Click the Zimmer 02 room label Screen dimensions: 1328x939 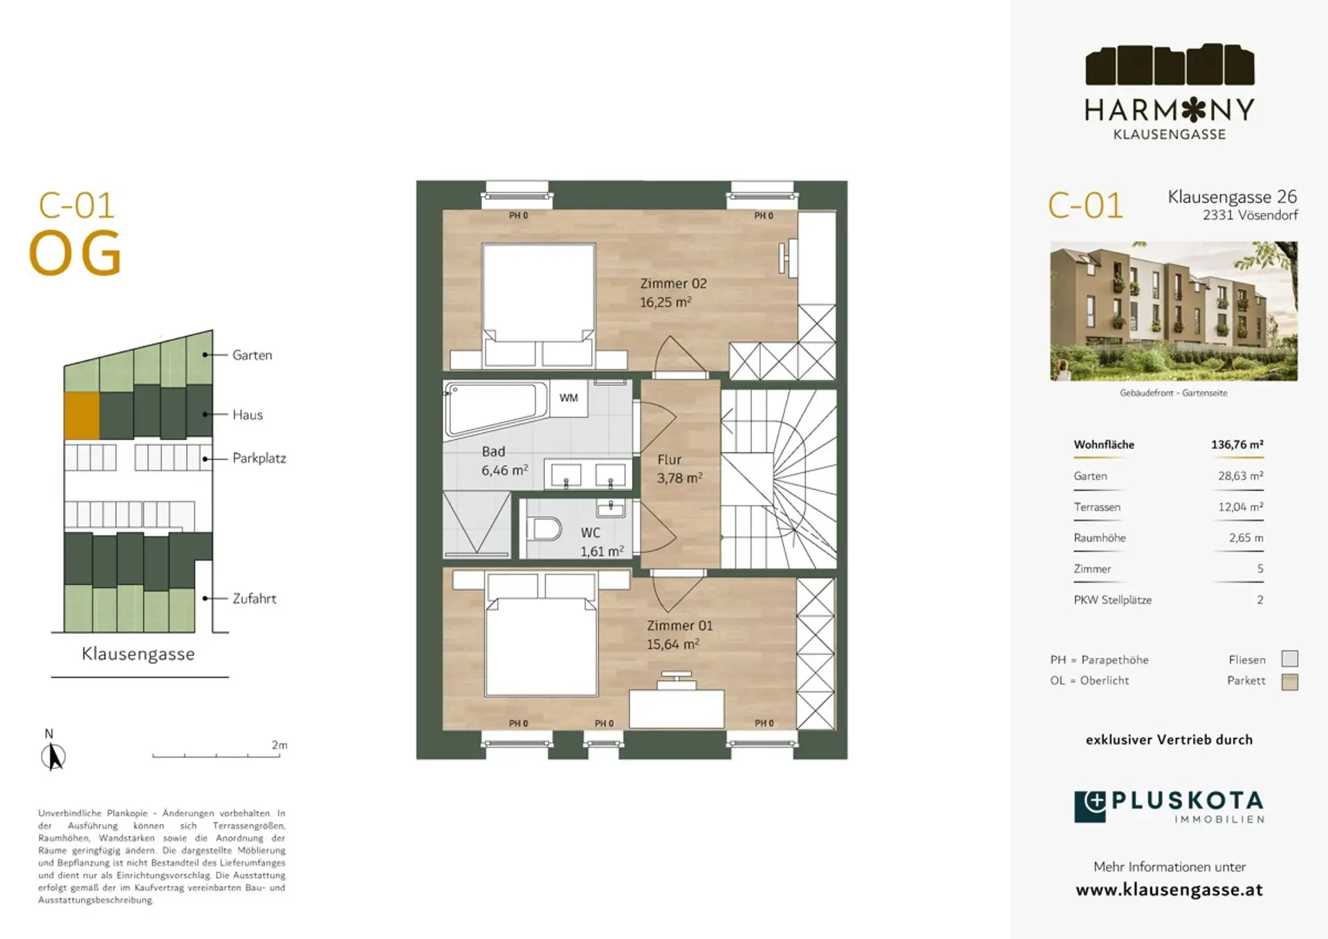pyautogui.click(x=673, y=284)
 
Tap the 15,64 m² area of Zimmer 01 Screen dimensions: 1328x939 pyautogui.click(x=672, y=644)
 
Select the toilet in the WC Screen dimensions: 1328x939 pyautogui.click(x=544, y=529)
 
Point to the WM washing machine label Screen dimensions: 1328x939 pyautogui.click(x=569, y=398)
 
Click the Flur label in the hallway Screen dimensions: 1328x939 pyautogui.click(x=670, y=459)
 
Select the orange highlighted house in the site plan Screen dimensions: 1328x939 pyautogui.click(x=82, y=415)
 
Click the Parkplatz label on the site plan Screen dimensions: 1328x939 pyautogui.click(x=259, y=458)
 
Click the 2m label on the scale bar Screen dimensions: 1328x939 pyautogui.click(x=279, y=745)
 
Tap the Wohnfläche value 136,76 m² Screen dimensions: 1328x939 pyautogui.click(x=1237, y=445)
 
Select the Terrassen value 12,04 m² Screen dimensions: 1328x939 pyautogui.click(x=1240, y=507)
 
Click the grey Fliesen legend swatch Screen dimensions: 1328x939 pyautogui.click(x=1289, y=659)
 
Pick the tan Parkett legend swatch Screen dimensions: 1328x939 pyautogui.click(x=1289, y=682)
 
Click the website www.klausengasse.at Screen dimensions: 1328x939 pyautogui.click(x=1169, y=890)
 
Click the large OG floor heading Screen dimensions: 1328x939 pyautogui.click(x=75, y=253)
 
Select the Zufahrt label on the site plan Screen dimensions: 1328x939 pyautogui.click(x=255, y=599)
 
